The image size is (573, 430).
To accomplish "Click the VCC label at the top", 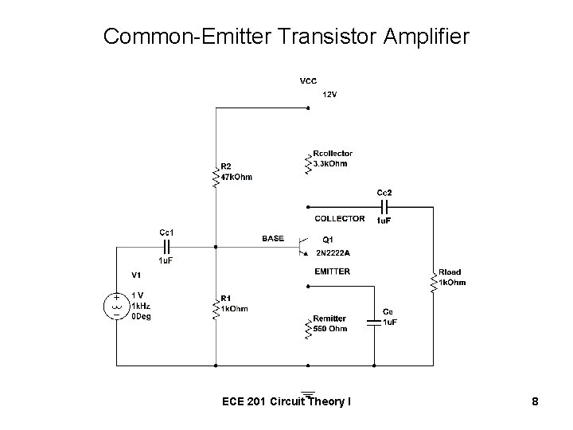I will coord(307,81).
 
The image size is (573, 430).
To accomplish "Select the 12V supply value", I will coord(329,95).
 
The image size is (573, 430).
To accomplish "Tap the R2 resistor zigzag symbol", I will coord(215,176).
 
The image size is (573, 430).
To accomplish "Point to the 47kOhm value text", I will coord(236,177).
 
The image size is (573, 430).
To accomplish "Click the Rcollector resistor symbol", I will coord(308,162).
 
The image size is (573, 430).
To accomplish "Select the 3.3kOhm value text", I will coord(330,164).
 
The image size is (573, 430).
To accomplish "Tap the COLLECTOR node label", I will coord(340,218).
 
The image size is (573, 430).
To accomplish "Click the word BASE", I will coord(272,238).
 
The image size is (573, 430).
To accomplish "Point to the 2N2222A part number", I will coord(333,253).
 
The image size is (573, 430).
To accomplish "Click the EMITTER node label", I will coord(332,272).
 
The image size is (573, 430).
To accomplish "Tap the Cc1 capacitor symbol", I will coord(167,245).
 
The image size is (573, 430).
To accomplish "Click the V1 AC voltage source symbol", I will coord(116,305).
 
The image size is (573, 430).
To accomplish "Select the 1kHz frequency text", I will coord(141,305).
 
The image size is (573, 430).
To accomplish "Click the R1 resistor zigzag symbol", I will coord(215,307).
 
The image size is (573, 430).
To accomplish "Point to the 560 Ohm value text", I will coord(330,329).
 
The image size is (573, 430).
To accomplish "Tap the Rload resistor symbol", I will coord(434,280).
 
